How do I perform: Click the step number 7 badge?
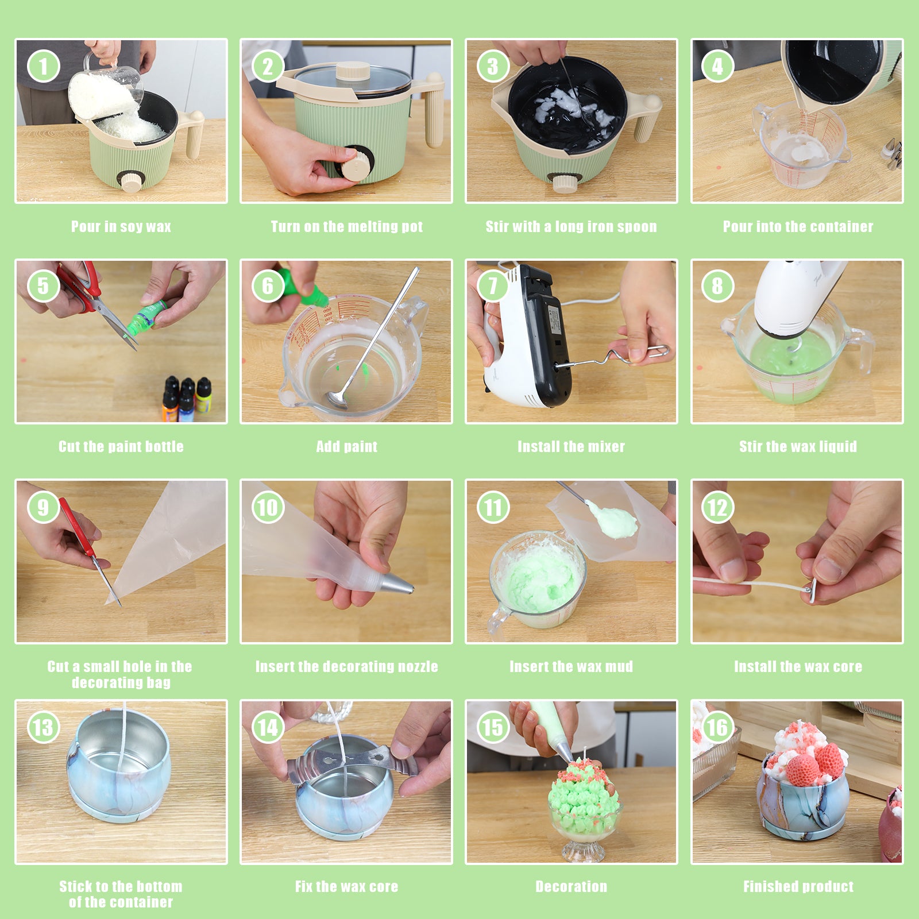tap(493, 286)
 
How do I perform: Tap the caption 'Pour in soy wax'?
tap(121, 226)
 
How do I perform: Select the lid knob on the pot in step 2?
tap(353, 71)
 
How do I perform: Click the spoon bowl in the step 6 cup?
tap(336, 399)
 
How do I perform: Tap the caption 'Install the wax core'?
tap(798, 666)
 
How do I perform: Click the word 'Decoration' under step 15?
tap(571, 886)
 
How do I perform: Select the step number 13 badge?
tap(43, 727)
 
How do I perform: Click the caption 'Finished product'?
tap(798, 886)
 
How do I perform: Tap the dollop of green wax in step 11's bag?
tap(613, 521)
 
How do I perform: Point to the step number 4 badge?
tap(717, 67)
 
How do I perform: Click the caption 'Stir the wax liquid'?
tap(798, 446)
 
